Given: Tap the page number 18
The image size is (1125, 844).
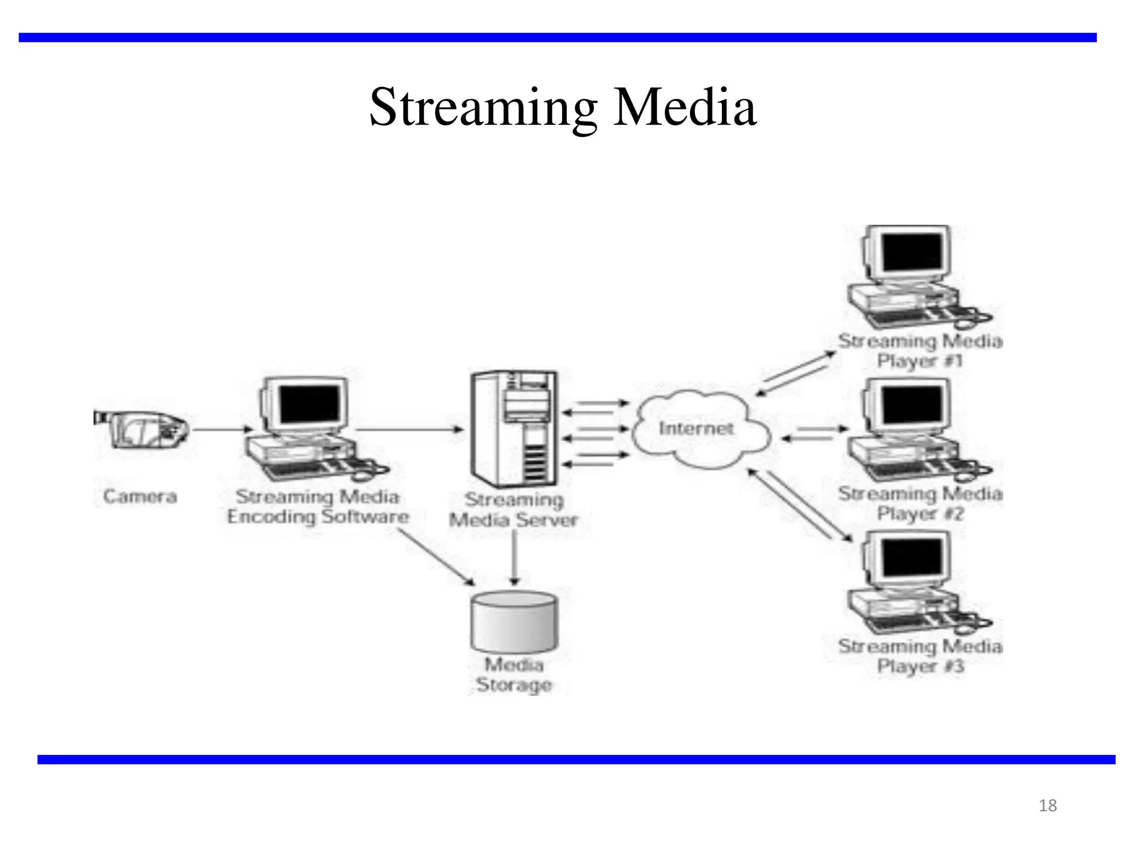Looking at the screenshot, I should click(x=1048, y=806).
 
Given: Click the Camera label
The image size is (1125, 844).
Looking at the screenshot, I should click(x=140, y=496).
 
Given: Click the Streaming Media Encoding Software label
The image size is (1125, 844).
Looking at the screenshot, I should click(x=318, y=507).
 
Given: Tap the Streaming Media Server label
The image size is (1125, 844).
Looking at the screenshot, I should click(x=514, y=509).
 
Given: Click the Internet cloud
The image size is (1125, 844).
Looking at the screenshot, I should click(x=696, y=429).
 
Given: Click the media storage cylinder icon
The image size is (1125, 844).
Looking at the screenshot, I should click(x=514, y=621).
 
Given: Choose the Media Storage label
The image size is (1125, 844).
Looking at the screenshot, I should click(x=514, y=675).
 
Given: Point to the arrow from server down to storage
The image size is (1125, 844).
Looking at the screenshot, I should click(x=514, y=558).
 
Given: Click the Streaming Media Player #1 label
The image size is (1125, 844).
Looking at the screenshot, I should click(x=920, y=351).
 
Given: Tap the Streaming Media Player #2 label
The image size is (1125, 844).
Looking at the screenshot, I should click(x=920, y=503).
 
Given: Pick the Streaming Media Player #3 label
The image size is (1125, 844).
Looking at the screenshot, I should click(x=920, y=656).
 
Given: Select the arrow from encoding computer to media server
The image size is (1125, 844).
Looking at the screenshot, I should click(x=409, y=429).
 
